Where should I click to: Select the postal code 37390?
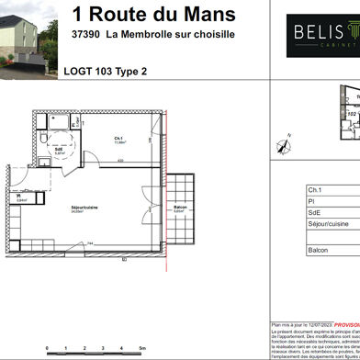point(86,34)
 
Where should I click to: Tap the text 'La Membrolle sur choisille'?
point(170,34)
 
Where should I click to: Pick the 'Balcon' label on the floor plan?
point(181,208)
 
